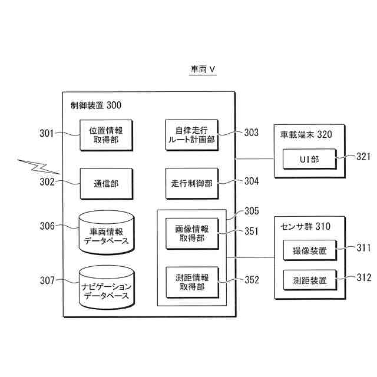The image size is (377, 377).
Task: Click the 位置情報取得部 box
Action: coord(106,135)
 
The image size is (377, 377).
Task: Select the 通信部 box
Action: coord(106,183)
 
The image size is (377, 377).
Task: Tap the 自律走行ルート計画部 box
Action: coord(191,135)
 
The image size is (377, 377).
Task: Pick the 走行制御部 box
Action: coord(191,183)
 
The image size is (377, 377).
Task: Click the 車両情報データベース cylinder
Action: coord(106,232)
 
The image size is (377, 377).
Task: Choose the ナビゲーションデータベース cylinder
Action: coord(106,287)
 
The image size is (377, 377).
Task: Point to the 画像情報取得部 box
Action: coord(191,233)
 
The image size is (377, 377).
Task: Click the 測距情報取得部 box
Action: coord(191,282)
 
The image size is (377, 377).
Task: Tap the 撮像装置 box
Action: coord(309,250)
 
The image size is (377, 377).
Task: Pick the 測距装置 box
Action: coord(309,280)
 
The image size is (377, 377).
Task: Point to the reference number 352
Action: coord(252,280)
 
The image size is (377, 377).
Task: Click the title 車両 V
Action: coord(203,70)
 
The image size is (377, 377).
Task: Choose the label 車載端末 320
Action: coord(306,134)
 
